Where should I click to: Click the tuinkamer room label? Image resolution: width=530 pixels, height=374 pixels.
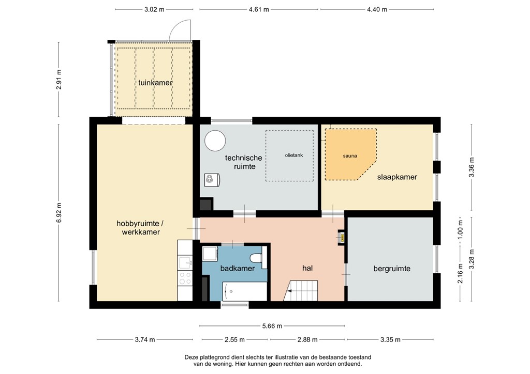(155, 83)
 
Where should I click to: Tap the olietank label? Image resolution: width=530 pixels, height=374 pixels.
(293, 155)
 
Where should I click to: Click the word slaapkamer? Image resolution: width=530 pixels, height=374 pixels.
(397, 177)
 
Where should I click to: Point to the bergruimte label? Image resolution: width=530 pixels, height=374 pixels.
(392, 269)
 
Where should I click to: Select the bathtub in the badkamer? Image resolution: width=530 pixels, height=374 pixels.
(245, 291)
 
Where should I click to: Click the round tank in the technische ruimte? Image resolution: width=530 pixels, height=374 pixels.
(214, 140)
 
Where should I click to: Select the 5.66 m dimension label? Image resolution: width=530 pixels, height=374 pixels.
(272, 326)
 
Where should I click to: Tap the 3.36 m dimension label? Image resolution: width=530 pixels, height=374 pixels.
(471, 167)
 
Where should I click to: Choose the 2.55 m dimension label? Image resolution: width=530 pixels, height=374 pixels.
(235, 340)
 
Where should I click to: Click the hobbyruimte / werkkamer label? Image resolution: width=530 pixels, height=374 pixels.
(140, 228)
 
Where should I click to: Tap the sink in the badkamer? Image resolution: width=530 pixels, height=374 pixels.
(210, 254)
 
